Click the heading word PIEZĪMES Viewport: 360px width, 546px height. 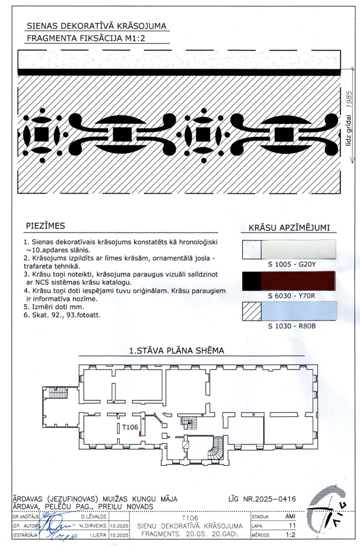[45, 226]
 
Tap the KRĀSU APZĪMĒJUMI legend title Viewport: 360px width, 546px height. [289, 228]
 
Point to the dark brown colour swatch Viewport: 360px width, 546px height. [298, 280]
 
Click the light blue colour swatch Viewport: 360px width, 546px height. [298, 311]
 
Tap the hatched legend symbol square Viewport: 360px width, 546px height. [251, 311]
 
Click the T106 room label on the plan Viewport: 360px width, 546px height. [130, 426]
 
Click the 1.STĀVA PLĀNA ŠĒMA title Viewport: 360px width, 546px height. [176, 351]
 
